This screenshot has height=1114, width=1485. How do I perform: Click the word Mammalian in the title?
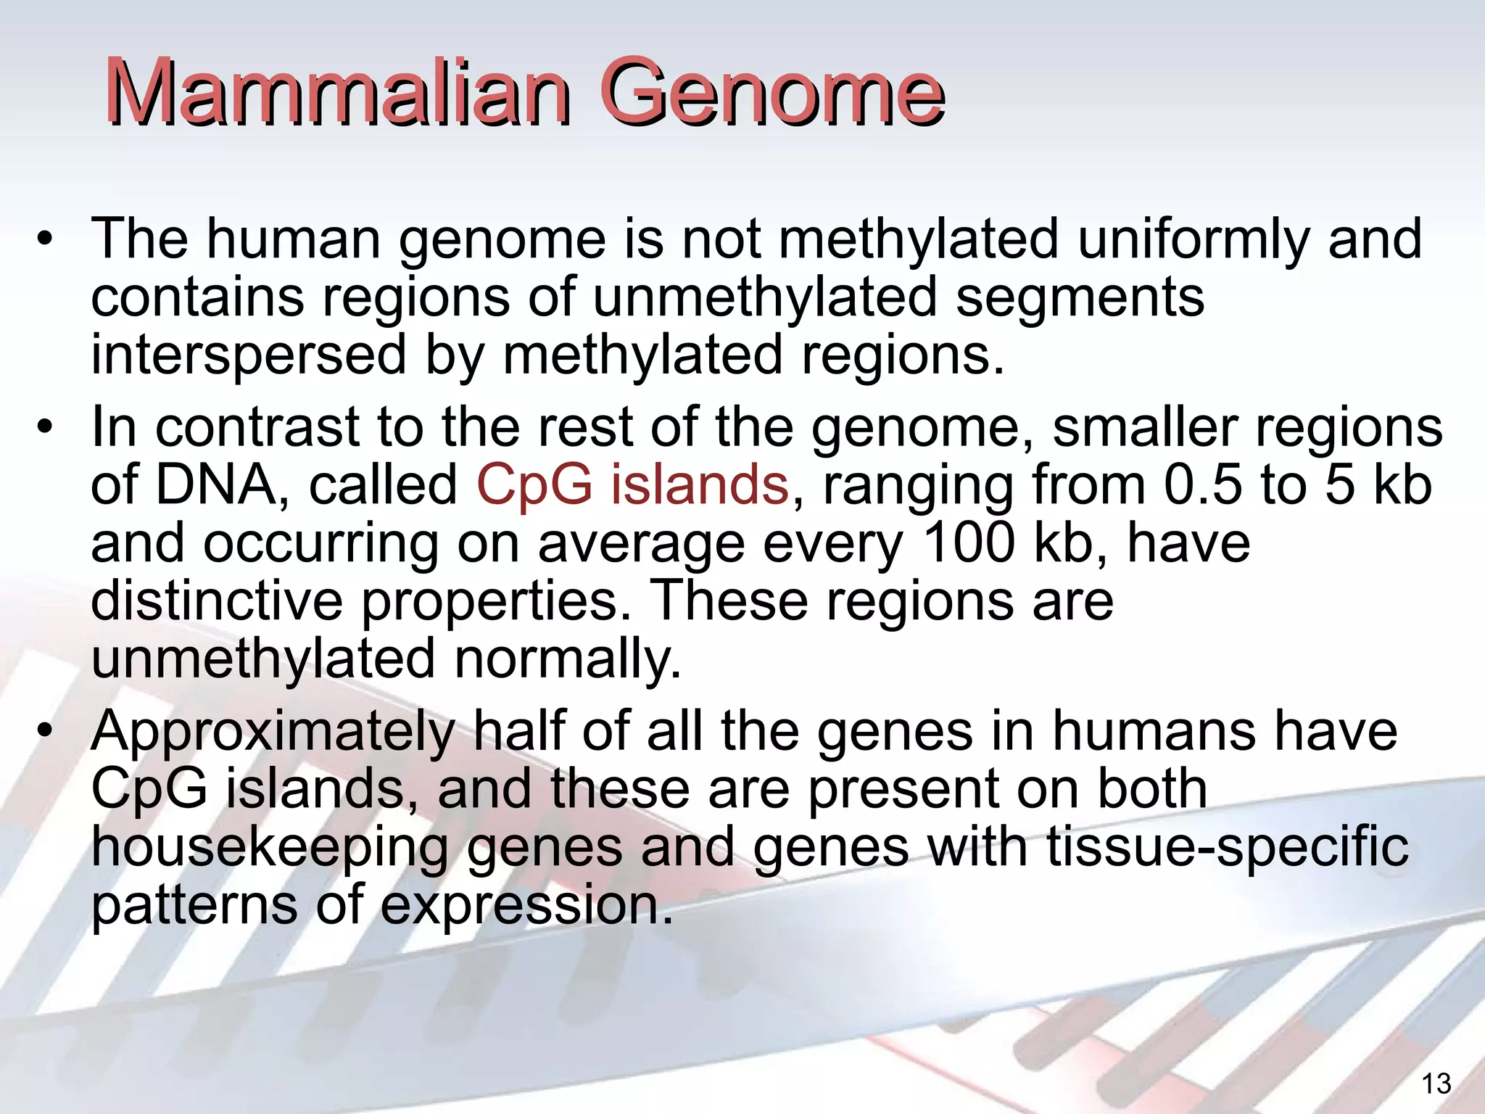tap(337, 93)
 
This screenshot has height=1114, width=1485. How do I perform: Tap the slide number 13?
tap(1436, 1084)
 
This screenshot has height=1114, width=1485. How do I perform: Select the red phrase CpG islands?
tap(632, 485)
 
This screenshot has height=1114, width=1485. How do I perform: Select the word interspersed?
tap(249, 356)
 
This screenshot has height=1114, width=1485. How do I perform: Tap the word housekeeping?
tap(270, 848)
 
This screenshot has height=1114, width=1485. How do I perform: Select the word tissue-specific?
tap(1228, 848)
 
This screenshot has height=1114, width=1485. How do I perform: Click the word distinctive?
tap(217, 601)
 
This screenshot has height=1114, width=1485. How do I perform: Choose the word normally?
tap(568, 659)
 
